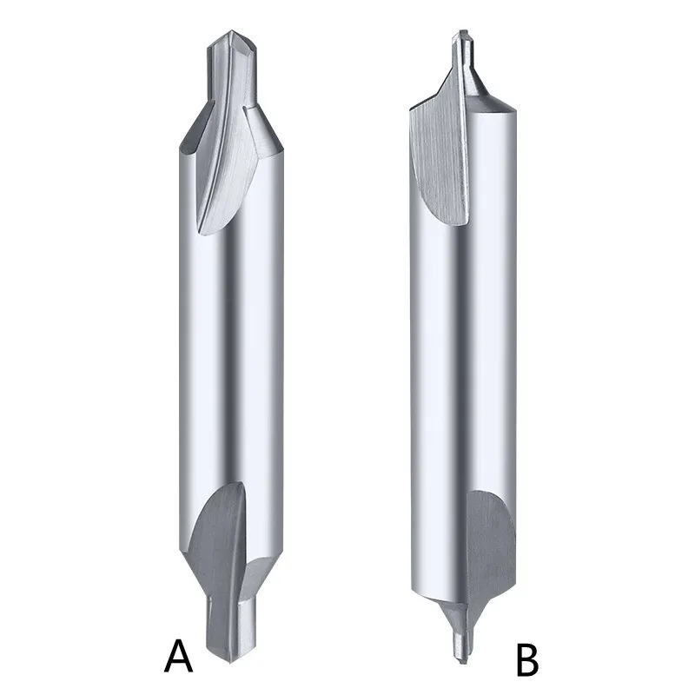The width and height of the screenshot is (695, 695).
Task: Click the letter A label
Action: click(x=178, y=656)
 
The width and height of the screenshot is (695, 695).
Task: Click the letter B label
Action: click(x=527, y=660)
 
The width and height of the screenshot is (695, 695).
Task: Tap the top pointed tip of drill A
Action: click(x=231, y=31)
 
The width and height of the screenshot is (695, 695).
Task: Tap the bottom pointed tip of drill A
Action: click(x=230, y=662)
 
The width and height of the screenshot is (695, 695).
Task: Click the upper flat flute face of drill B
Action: click(x=439, y=160)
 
